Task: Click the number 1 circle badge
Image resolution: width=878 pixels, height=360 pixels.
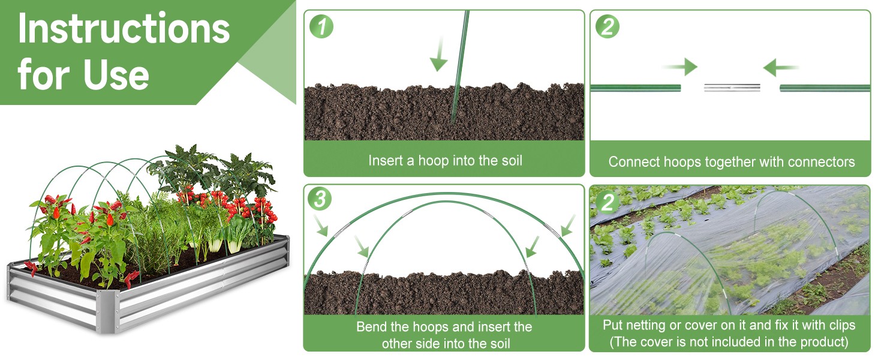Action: coord(321,26)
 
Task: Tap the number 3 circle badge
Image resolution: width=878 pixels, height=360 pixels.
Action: coord(320,199)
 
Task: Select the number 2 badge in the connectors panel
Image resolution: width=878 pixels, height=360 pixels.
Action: coord(607,26)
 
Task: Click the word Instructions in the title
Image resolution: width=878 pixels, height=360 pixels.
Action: coord(124,29)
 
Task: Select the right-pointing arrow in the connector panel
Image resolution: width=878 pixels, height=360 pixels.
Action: coord(679,67)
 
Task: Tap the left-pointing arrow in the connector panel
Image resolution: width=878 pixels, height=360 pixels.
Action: coord(781,67)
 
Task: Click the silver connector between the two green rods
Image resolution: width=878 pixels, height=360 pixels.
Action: coord(732,88)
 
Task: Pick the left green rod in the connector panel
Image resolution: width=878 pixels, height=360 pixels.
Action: coord(635,88)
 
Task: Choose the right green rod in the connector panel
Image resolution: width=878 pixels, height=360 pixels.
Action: coord(825,88)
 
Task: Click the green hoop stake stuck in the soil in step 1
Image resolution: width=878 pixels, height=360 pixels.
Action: coord(459,67)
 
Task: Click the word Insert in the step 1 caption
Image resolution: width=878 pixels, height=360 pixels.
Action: coord(386,160)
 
